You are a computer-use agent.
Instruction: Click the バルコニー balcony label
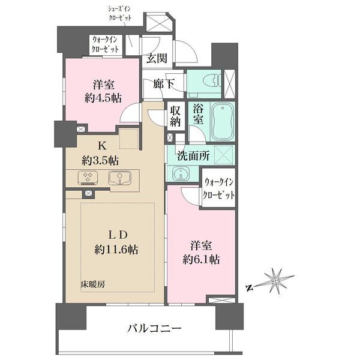tap(155, 328)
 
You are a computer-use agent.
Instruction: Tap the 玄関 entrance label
tap(157, 58)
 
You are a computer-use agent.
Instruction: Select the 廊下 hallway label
tap(164, 83)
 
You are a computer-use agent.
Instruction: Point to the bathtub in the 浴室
tap(223, 121)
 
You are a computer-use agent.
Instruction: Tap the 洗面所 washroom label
tap(193, 156)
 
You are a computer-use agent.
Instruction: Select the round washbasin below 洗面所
tap(182, 173)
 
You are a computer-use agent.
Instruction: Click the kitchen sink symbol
tap(120, 178)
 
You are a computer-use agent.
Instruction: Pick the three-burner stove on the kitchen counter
tap(88, 178)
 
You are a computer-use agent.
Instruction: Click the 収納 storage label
tap(175, 116)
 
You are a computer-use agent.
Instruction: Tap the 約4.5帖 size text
tap(103, 99)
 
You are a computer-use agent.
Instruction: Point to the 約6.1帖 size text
tap(201, 260)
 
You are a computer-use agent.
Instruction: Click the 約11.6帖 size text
tap(116, 249)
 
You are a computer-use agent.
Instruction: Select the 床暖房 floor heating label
tap(93, 284)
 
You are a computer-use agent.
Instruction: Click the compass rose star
tap(276, 281)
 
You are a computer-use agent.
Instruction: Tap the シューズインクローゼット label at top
tap(119, 14)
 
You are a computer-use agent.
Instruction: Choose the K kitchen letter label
tap(102, 146)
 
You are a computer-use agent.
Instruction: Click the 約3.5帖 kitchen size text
tap(100, 161)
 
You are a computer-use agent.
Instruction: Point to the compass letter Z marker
tap(248, 288)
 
